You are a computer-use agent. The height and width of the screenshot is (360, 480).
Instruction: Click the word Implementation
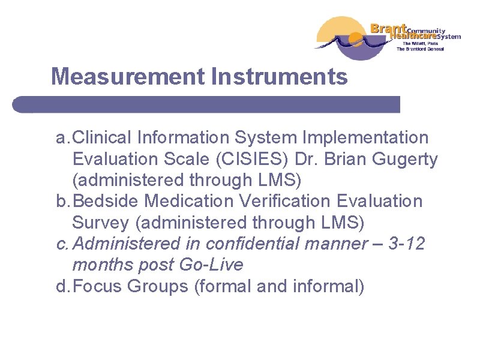tap(365, 138)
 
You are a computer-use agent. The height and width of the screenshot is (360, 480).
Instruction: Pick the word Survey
tap(100, 223)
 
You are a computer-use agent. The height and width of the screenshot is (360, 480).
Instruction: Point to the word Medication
tap(188, 202)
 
